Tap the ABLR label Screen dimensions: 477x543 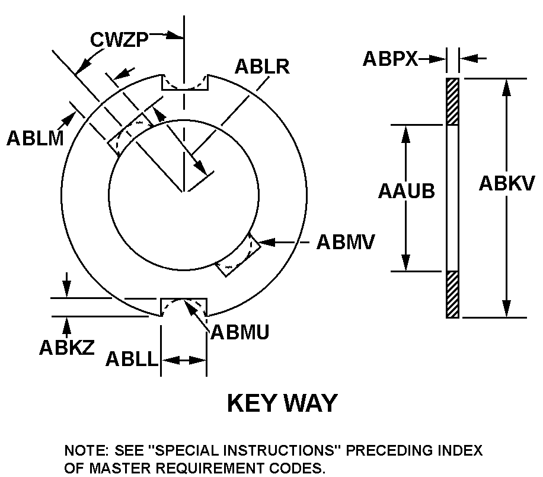pyautogui.click(x=261, y=66)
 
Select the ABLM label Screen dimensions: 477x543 pyautogui.click(x=34, y=138)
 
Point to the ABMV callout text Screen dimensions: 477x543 pyautogui.click(x=346, y=242)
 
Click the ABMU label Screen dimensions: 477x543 pyautogui.click(x=239, y=332)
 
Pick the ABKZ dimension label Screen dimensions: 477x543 pyautogui.click(x=67, y=347)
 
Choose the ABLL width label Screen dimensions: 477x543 pyautogui.click(x=132, y=359)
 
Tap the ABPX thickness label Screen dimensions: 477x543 pyautogui.click(x=391, y=58)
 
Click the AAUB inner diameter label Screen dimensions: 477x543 pyautogui.click(x=407, y=191)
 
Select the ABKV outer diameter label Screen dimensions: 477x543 pyautogui.click(x=507, y=184)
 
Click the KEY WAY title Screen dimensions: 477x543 pyautogui.click(x=282, y=403)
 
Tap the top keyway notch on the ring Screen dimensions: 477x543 pyautogui.click(x=185, y=83)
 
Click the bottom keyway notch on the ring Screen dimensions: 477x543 pyautogui.click(x=184, y=307)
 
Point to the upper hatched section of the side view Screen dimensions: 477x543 pyautogui.click(x=452, y=101)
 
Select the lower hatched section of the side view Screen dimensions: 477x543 pyautogui.click(x=452, y=294)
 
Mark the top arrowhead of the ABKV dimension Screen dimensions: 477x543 pyautogui.click(x=507, y=86)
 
